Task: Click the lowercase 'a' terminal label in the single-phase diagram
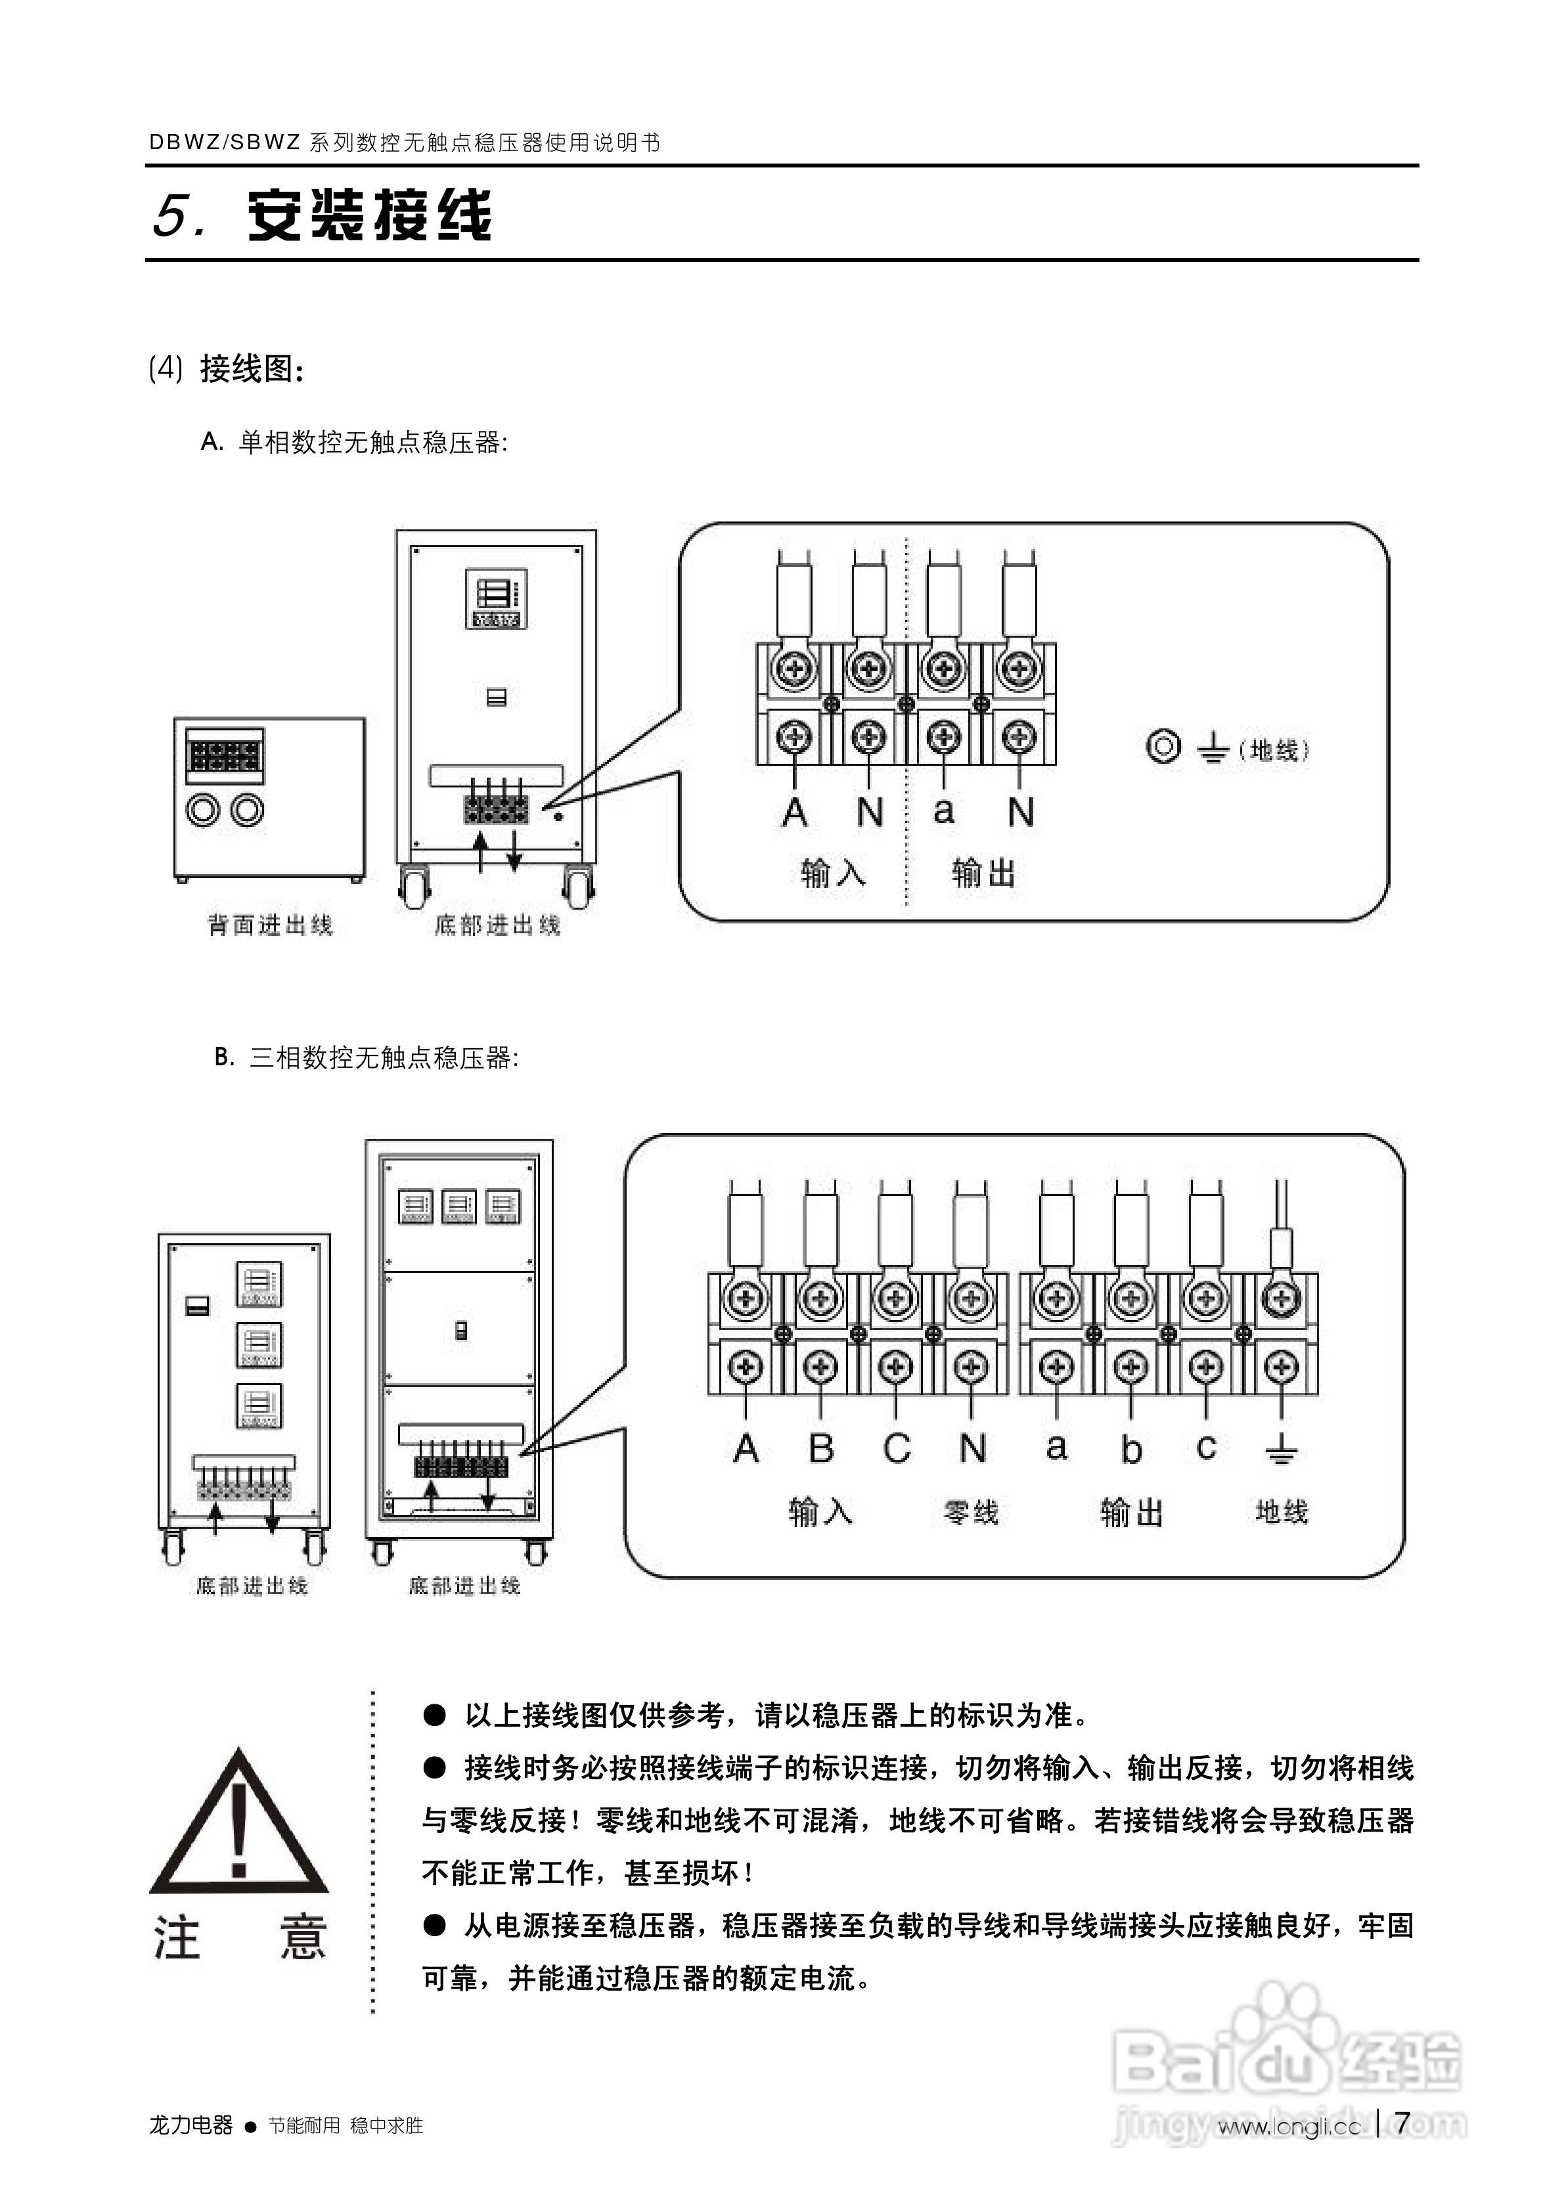click(x=943, y=810)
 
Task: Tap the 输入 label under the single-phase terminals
click(x=833, y=873)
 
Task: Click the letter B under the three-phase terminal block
click(x=821, y=1448)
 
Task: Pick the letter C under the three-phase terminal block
click(x=896, y=1448)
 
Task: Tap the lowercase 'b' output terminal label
click(x=1131, y=1449)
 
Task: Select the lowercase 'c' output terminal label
click(x=1205, y=1447)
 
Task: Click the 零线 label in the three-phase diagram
click(x=970, y=1513)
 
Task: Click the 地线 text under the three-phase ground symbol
click(x=1281, y=1512)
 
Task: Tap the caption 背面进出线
click(x=270, y=925)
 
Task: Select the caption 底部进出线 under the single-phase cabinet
click(x=497, y=925)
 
